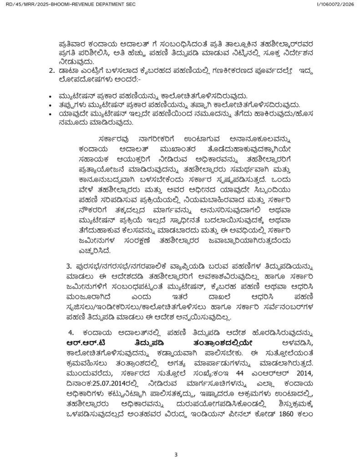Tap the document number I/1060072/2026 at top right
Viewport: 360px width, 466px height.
tap(335, 4)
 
